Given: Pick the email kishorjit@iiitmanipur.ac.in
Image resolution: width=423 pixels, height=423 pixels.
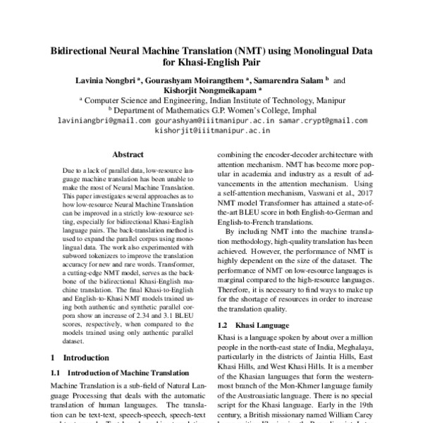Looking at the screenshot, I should pos(211,130).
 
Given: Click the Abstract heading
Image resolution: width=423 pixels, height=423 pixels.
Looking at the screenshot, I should pos(128,154).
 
